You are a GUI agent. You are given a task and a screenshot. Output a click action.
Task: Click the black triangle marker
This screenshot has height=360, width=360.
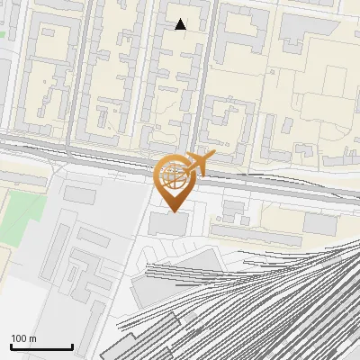[x=181, y=24]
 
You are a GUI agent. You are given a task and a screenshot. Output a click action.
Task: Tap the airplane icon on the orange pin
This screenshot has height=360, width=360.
[x=200, y=164]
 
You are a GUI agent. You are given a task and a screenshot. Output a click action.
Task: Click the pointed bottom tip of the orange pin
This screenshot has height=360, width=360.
[x=174, y=211]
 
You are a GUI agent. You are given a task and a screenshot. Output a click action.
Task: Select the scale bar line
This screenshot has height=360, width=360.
[x=41, y=347]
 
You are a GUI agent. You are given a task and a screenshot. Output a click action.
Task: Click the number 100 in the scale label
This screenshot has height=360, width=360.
[x=20, y=338]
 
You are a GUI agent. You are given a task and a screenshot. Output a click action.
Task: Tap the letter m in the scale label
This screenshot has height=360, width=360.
[x=32, y=338]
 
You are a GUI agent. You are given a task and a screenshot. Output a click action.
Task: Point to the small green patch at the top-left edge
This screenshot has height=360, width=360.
[x=3, y=34]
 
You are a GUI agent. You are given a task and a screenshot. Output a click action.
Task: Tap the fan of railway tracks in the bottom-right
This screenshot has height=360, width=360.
[x=288, y=297]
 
